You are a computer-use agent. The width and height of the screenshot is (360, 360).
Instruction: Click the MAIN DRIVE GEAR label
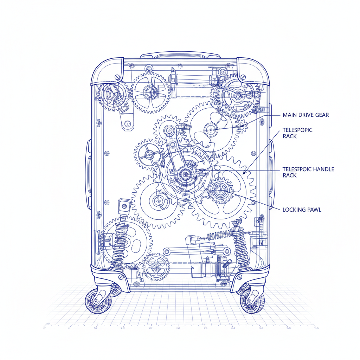[306, 115]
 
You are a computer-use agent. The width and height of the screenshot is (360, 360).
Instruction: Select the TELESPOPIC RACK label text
[297, 133]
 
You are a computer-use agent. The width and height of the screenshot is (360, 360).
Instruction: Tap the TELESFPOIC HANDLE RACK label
[308, 172]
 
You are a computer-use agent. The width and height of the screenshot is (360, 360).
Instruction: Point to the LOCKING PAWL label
[302, 210]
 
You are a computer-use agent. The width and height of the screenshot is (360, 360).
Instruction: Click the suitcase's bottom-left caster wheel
[98, 301]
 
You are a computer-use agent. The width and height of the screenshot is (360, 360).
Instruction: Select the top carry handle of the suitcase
[180, 55]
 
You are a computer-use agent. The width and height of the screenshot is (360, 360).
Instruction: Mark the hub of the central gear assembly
[184, 173]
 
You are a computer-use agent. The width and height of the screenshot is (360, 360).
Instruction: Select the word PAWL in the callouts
[313, 210]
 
